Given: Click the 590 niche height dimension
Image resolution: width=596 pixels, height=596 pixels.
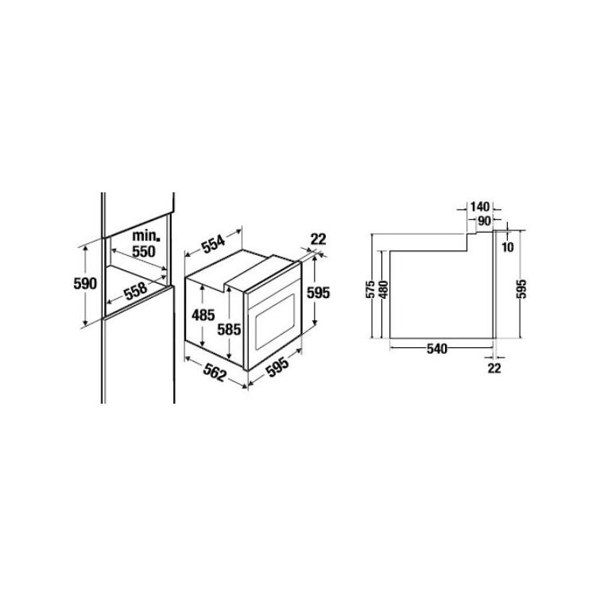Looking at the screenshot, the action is (85, 284).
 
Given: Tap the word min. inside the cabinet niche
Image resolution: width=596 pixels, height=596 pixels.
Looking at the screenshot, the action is (146, 236).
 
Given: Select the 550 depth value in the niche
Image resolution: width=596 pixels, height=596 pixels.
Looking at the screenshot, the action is (144, 251).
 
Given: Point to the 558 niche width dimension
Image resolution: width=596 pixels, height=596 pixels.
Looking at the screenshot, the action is (136, 290).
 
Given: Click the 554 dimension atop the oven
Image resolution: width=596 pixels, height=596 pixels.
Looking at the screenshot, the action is (213, 242).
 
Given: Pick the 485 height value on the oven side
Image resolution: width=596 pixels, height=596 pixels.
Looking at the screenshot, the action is (203, 315).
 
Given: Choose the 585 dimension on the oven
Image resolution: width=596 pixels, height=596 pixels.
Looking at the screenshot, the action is (229, 329).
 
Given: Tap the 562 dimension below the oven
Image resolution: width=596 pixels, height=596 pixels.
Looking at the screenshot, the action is (215, 372).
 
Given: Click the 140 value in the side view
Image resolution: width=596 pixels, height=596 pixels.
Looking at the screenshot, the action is (480, 207).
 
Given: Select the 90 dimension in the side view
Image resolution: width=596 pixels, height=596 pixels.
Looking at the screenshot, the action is (484, 220).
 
